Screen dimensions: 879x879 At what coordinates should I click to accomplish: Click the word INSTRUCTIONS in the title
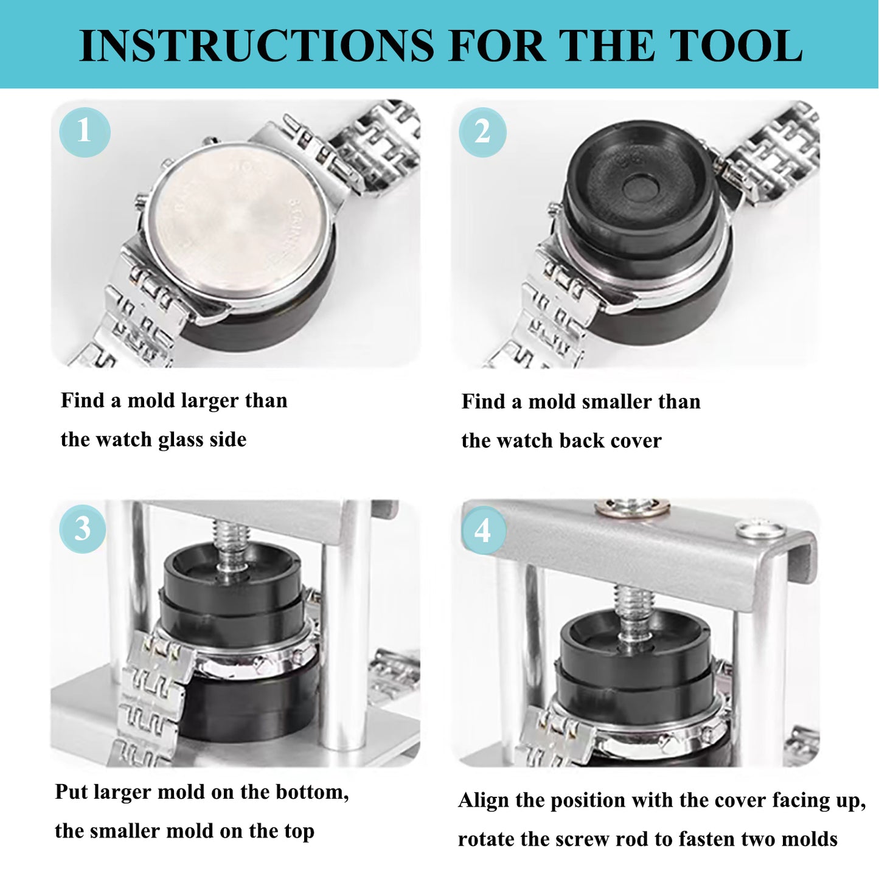tap(256, 46)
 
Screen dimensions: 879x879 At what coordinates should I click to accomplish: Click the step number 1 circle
tap(85, 132)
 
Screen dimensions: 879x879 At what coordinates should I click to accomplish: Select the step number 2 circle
tap(482, 132)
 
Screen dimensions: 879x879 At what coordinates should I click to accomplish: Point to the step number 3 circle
tap(83, 529)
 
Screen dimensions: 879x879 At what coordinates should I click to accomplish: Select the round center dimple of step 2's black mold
tap(639, 187)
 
